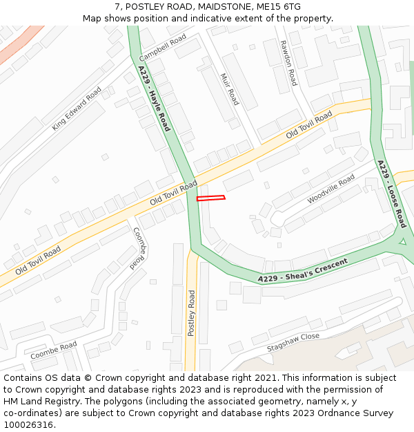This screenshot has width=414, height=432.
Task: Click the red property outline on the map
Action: [210, 198]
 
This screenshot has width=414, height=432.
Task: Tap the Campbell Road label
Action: [163, 47]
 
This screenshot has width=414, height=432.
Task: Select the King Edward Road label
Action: [77, 109]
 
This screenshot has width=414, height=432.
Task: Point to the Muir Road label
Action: [229, 89]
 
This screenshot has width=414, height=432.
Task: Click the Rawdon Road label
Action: [288, 62]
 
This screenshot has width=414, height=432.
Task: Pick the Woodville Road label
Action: [331, 189]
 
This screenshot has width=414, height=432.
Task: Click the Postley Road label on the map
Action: [192, 313]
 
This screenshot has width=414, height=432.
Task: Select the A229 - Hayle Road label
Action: [153, 99]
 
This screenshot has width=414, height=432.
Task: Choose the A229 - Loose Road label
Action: [392, 194]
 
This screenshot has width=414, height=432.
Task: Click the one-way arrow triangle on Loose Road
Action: [402, 241]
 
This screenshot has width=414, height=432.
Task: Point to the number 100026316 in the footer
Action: [29, 425]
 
